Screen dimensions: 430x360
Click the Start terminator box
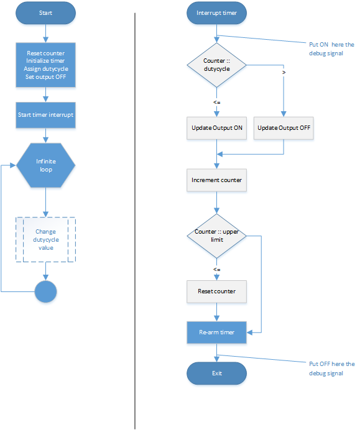(x=45, y=12)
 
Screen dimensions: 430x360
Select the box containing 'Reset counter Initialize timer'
(x=45, y=65)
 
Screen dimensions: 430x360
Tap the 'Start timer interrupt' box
(x=45, y=114)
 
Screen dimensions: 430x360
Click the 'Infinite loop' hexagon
(x=45, y=165)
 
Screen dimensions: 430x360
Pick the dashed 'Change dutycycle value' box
(x=45, y=240)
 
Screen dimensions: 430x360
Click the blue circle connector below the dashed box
(x=45, y=291)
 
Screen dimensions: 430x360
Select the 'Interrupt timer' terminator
(x=216, y=12)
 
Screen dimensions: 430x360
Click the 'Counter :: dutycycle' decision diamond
(x=216, y=65)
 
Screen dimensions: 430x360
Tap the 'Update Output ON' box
(x=216, y=128)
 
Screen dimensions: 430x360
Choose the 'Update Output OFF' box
(x=284, y=128)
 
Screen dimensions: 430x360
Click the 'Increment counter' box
(x=216, y=180)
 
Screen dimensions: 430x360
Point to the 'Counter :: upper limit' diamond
(x=216, y=236)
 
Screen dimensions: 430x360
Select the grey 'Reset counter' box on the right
(x=216, y=291)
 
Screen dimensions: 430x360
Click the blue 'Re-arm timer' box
(x=216, y=332)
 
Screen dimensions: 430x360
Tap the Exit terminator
(x=216, y=373)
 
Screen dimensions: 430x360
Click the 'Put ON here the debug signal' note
(x=331, y=48)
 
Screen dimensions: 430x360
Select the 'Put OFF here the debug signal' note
(x=331, y=368)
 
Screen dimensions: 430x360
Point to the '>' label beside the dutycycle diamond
(x=284, y=73)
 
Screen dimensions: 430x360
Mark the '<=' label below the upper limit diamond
(x=216, y=269)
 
